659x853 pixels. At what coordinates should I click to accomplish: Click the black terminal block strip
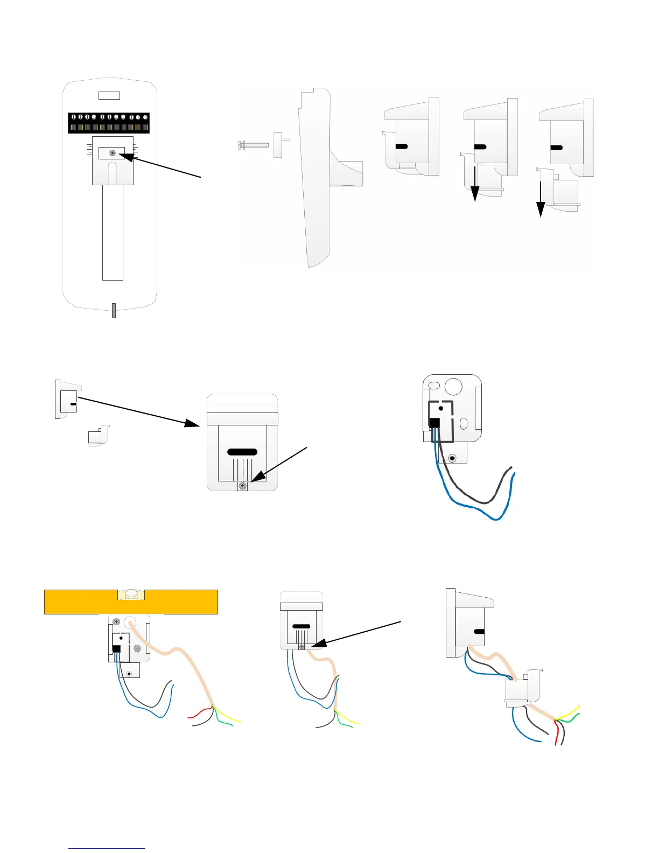109,123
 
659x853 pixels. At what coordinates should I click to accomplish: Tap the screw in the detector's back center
112,153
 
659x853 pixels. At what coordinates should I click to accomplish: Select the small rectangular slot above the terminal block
109,95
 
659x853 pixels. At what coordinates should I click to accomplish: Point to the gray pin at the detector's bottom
114,310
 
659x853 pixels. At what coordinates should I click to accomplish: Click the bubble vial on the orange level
131,595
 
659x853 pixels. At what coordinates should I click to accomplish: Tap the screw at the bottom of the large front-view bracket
242,486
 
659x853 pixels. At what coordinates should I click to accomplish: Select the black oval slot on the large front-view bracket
242,452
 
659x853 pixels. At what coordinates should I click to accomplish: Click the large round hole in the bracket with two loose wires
454,386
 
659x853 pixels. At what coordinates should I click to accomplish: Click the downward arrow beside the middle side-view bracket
475,186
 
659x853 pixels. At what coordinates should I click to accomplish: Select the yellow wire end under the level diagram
237,721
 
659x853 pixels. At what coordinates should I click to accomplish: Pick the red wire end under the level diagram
192,717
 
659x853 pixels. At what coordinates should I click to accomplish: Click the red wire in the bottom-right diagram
556,735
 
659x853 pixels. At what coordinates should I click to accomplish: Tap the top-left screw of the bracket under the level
116,622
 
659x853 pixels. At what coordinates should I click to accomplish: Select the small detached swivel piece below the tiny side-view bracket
98,436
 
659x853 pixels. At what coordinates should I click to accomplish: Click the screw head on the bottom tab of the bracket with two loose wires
453,458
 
